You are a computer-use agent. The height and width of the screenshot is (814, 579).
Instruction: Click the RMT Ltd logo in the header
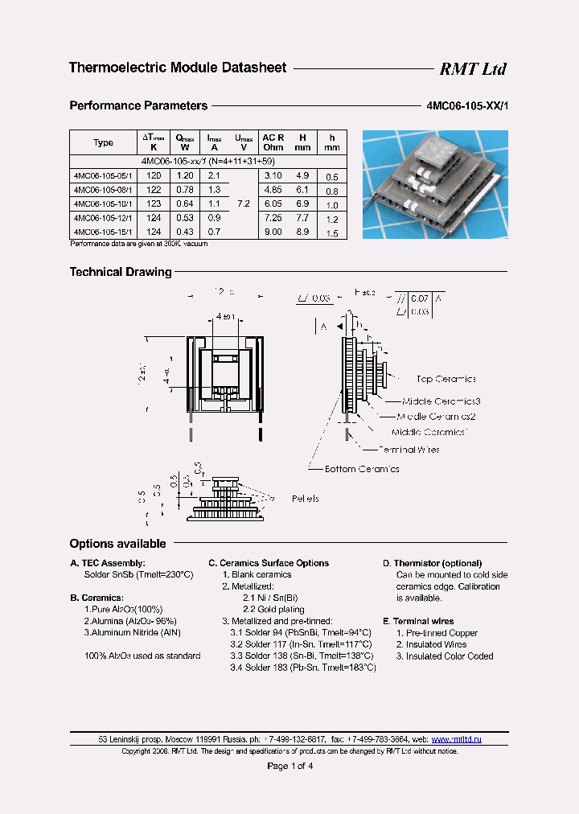pos(472,69)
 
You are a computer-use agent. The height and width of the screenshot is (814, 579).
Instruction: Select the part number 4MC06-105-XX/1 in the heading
pos(466,105)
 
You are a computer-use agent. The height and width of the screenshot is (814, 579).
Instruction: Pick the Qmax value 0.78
pos(184,189)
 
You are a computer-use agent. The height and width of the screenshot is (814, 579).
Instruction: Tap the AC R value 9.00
pos(273,232)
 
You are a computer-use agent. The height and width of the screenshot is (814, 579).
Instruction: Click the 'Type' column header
pos(104,142)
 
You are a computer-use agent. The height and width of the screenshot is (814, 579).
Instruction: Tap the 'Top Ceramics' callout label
pos(446,379)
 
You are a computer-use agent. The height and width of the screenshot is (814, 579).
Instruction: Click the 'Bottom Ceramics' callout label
pos(362,469)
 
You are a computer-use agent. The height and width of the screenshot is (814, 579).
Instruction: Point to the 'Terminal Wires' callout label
pos(409,450)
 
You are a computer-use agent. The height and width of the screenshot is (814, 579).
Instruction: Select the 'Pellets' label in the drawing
pos(305,499)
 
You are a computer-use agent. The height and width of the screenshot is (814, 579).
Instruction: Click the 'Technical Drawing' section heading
pos(121,272)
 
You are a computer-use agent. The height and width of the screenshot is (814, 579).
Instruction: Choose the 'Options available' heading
pos(117,544)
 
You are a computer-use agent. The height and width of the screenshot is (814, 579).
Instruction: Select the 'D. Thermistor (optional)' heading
pos(432,563)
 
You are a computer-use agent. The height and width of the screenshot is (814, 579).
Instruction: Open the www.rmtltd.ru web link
pos(457,739)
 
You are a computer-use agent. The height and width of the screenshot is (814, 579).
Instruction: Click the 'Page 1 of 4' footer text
pos(289,766)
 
